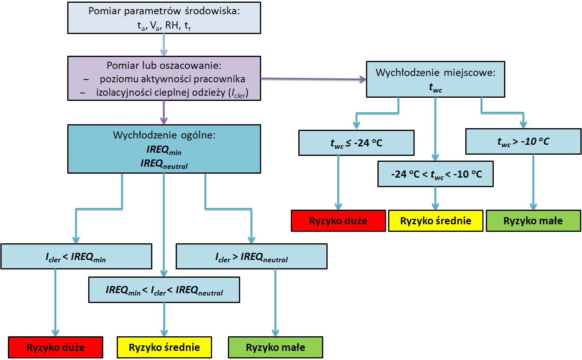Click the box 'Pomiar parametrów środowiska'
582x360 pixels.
click(x=164, y=18)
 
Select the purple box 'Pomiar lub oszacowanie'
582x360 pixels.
click(x=164, y=78)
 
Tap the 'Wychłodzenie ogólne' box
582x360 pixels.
click(x=164, y=149)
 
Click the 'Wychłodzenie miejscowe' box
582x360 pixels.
click(x=435, y=79)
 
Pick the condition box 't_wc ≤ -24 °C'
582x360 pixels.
click(x=356, y=143)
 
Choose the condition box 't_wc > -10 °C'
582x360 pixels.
click(x=523, y=141)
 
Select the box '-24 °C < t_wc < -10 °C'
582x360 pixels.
click(x=435, y=174)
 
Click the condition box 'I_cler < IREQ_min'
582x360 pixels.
click(x=76, y=257)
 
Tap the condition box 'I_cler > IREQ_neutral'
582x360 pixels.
click(x=251, y=257)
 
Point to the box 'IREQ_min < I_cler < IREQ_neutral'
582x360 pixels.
click(x=164, y=290)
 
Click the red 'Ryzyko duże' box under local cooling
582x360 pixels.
click(x=338, y=221)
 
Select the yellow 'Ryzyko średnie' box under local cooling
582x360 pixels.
click(x=435, y=221)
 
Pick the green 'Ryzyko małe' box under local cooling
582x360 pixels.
click(x=533, y=221)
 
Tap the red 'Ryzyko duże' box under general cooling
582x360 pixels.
click(x=55, y=347)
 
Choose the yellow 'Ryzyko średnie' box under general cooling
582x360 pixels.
click(x=164, y=347)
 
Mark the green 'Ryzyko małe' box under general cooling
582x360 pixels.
click(x=275, y=347)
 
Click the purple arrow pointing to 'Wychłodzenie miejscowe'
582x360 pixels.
click(x=313, y=79)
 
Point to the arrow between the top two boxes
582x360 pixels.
click(x=164, y=45)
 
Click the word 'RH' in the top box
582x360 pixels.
click(x=172, y=25)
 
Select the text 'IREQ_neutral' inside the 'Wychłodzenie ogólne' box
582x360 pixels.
click(x=164, y=163)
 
